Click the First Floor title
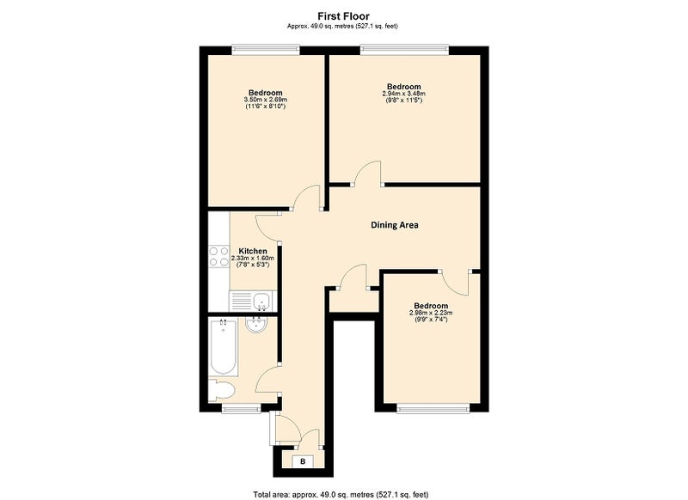[343, 16]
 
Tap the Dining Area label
[395, 225]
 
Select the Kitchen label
[253, 251]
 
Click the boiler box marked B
[303, 461]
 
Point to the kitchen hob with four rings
[219, 256]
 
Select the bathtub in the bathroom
[224, 347]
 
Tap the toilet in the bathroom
[221, 389]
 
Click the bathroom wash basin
[256, 325]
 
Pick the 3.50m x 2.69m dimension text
[266, 100]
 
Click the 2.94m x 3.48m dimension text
[403, 94]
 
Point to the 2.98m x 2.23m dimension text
[431, 313]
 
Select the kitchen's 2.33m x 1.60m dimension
[253, 259]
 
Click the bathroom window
[241, 409]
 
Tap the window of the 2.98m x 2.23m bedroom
[433, 409]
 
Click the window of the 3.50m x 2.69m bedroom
[266, 50]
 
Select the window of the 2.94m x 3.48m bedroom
[404, 50]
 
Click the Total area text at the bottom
[341, 495]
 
